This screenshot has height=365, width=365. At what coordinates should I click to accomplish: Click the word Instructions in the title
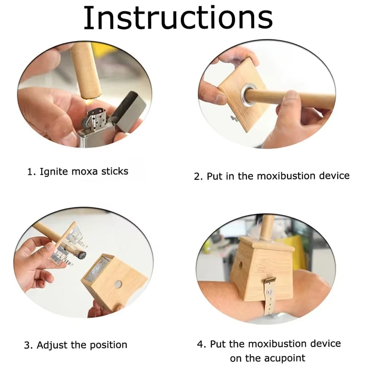click(x=178, y=18)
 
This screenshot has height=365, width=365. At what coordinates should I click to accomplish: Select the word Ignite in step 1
click(x=53, y=172)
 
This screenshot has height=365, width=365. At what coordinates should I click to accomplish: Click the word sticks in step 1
click(x=115, y=171)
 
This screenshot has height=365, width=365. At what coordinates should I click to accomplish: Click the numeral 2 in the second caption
click(x=197, y=176)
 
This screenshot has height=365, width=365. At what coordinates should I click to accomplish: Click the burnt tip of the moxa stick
click(x=82, y=255)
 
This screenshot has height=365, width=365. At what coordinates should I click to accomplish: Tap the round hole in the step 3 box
click(x=118, y=284)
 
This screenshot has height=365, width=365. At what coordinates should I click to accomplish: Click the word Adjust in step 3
click(x=52, y=345)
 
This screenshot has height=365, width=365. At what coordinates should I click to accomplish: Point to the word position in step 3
click(x=108, y=345)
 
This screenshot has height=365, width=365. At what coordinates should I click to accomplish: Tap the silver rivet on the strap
click(x=270, y=291)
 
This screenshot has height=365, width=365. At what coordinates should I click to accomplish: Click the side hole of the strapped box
click(x=241, y=265)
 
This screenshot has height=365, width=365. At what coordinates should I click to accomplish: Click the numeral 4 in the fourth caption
click(x=200, y=344)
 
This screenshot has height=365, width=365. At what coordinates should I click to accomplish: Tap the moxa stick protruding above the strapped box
click(x=267, y=228)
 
